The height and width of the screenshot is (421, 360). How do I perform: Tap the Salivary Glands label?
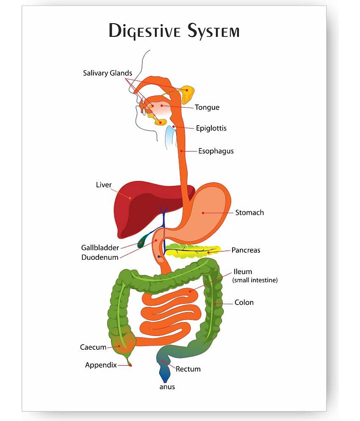click(x=108, y=73)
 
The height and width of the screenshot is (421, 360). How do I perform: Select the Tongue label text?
click(x=207, y=107)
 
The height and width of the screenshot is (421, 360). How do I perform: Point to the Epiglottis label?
click(x=211, y=128)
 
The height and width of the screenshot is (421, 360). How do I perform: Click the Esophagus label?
click(x=216, y=151)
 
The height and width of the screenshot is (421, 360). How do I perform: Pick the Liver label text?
click(x=103, y=185)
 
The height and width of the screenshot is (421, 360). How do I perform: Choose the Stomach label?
click(x=249, y=213)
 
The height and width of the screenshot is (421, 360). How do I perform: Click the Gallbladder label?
click(x=100, y=248)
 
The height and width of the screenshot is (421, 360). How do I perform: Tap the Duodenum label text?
click(x=100, y=257)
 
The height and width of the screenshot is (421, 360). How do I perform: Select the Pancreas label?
click(x=246, y=250)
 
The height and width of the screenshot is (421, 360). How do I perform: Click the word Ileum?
click(x=243, y=272)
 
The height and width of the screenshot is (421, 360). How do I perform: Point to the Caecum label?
click(x=93, y=347)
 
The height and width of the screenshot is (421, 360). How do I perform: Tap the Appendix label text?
click(x=101, y=365)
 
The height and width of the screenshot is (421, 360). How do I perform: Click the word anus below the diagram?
click(x=167, y=387)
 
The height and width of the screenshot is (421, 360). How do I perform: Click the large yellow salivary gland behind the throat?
click(x=187, y=95)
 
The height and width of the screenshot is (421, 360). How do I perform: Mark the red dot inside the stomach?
click(x=203, y=213)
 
